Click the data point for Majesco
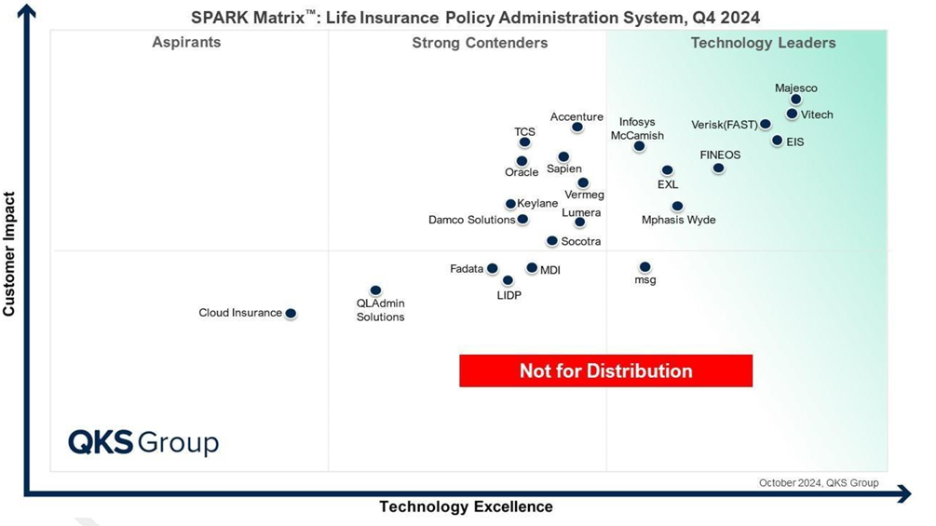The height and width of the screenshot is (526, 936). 795,100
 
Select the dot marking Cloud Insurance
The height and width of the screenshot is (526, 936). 291,313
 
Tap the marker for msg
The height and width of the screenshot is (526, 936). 644,267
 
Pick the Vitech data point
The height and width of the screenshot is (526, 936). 793,114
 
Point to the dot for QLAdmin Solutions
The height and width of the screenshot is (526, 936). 375,290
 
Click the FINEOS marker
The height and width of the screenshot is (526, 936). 719,169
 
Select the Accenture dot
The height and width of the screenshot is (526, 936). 577,127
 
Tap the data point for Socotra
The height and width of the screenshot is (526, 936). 552,241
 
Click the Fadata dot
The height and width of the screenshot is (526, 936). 493,268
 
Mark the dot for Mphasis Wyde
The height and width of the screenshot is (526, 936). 677,207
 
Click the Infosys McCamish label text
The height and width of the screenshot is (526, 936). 637,128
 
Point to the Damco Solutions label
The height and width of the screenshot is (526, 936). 471,220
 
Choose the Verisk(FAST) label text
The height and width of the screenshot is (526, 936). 724,125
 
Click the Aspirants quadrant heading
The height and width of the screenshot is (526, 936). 186,42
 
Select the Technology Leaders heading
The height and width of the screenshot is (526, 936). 764,43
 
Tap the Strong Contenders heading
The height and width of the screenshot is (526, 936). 480,43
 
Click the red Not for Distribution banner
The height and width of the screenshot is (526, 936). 606,371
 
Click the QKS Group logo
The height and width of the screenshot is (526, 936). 143,442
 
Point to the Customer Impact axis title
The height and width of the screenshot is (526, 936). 9,254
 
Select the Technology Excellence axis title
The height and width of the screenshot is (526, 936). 467,507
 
